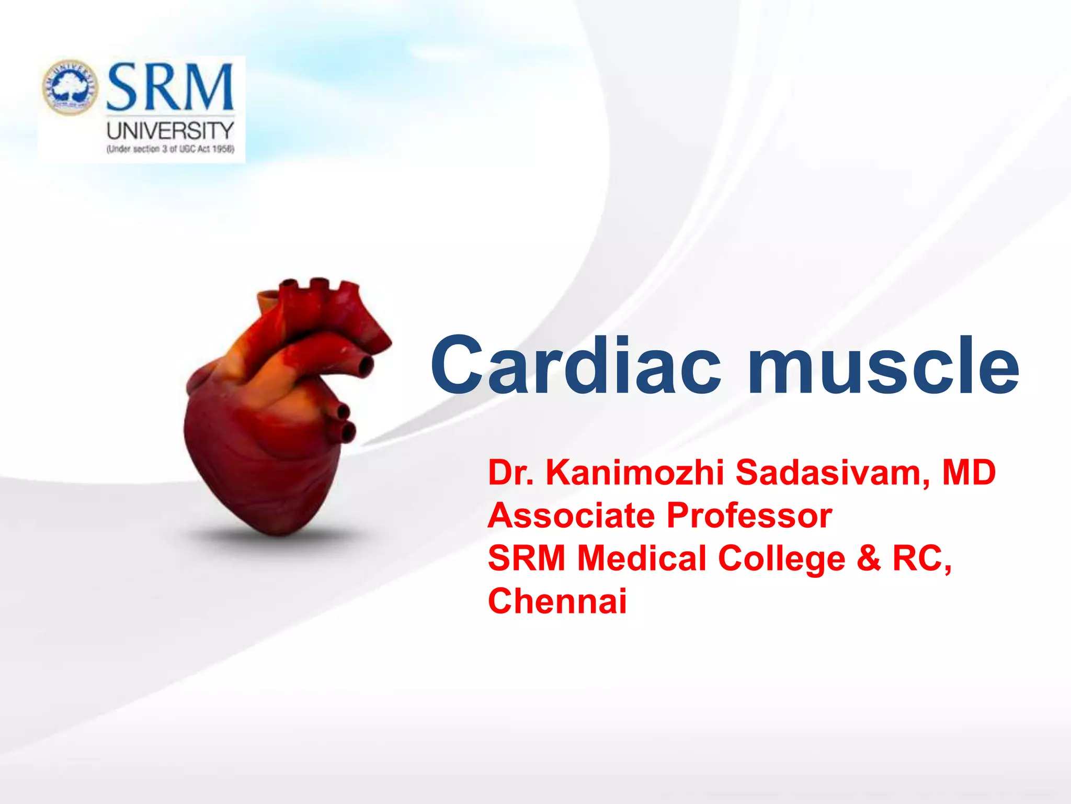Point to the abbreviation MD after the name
click(969, 472)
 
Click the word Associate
click(571, 515)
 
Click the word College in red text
click(781, 559)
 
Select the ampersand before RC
click(869, 558)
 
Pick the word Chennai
click(557, 601)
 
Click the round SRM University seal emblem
click(70, 87)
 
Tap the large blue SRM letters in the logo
click(170, 87)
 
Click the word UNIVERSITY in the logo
click(170, 130)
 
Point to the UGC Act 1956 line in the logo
click(170, 149)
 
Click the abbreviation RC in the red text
click(921, 558)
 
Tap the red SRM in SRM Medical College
click(527, 558)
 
